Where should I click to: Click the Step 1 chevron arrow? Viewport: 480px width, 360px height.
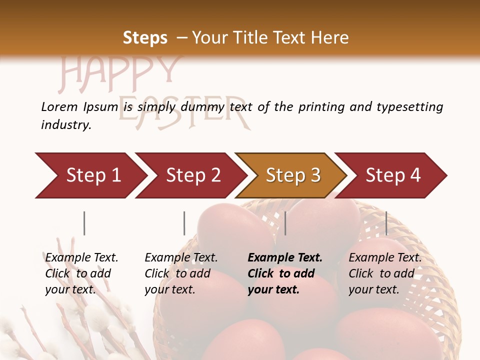pos(90,175)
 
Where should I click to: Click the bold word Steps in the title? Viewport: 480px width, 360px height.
pos(145,38)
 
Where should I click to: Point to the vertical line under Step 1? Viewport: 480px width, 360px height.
pos(84,223)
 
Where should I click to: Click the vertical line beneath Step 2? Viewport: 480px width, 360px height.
pos(184,223)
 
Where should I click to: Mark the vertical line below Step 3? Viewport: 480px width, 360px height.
pos(285,223)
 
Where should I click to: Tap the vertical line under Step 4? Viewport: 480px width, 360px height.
pos(386,223)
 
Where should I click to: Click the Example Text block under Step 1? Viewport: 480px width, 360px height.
pos(81,273)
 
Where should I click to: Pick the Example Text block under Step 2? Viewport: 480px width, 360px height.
pos(181,273)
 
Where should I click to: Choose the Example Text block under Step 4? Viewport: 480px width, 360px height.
pos(385,273)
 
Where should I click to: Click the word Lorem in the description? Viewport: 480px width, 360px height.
pos(59,107)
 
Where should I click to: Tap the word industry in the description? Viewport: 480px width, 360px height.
pos(66,125)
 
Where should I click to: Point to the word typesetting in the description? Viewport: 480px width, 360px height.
pos(409,107)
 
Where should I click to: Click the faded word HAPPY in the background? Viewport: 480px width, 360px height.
pos(120,72)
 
